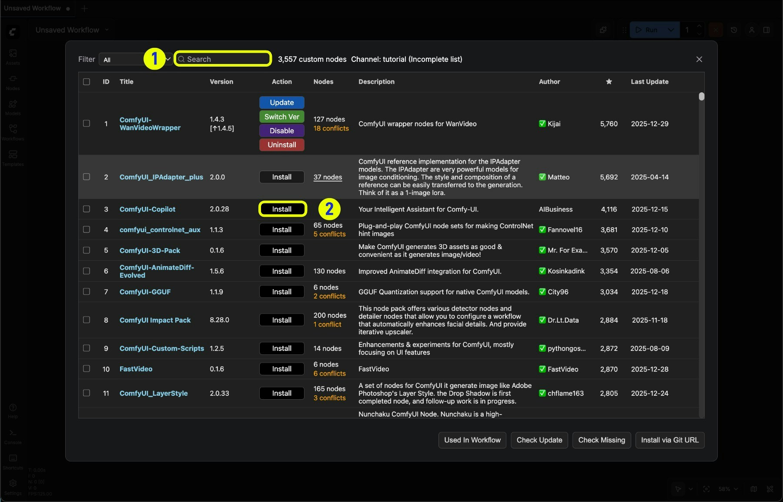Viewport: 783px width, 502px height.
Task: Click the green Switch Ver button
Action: (281, 117)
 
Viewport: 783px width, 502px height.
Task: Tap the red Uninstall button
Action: (281, 145)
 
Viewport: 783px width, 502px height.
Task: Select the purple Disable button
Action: (281, 131)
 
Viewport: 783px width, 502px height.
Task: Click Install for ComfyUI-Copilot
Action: (282, 209)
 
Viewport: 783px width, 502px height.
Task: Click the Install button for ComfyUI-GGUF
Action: (281, 292)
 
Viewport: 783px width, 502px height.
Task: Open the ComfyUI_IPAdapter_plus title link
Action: (161, 177)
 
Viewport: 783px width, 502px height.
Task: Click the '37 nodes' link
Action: (328, 177)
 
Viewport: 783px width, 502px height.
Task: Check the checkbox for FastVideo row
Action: (87, 369)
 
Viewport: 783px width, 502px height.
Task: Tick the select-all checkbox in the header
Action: (87, 82)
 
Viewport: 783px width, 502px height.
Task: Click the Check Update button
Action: (539, 440)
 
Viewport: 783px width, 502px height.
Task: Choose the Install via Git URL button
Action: (669, 440)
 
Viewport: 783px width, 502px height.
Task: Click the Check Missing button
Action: (601, 440)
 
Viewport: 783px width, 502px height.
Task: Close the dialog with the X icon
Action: (699, 59)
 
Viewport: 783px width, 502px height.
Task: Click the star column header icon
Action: (609, 82)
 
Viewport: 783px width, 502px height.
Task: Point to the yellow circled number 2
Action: (329, 209)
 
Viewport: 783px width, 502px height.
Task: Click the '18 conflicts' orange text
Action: (331, 128)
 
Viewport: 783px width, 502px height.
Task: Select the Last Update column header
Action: (649, 82)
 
